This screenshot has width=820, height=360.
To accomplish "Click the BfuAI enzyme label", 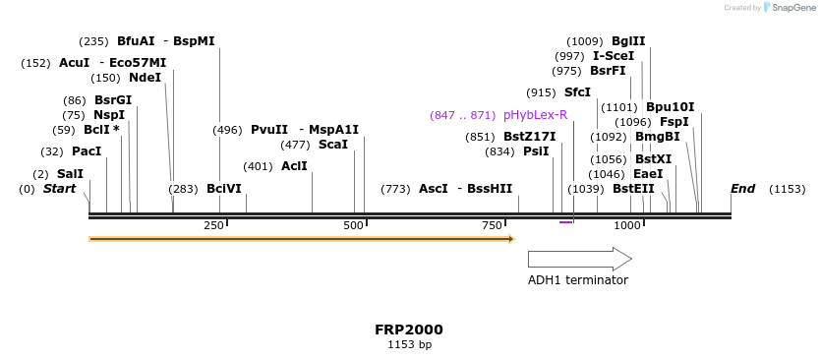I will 136,41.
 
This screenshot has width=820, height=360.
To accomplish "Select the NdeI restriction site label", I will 145,78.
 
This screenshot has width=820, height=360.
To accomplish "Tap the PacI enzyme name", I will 87,151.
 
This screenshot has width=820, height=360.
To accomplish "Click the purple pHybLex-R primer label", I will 535,115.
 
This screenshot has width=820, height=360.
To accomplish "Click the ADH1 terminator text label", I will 577,280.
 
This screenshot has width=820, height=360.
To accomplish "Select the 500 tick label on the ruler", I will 354,226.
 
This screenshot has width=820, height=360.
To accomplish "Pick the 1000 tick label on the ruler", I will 628,226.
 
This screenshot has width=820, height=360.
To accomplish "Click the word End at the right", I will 742,188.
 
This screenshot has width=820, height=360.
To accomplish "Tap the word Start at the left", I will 59,188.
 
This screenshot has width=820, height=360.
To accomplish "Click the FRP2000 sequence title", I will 409,330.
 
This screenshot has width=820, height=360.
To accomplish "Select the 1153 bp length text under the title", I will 409,344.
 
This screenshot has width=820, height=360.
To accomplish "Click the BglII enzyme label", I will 628,41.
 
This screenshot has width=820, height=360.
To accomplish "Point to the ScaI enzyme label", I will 333,144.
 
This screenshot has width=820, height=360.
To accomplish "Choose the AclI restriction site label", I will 294,166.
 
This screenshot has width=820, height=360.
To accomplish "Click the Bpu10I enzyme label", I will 670,107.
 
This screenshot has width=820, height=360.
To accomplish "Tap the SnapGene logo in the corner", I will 786,7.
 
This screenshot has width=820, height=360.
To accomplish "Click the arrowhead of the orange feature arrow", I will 510,238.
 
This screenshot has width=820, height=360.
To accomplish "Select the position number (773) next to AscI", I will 395,188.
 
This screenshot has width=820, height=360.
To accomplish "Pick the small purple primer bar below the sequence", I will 566,222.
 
